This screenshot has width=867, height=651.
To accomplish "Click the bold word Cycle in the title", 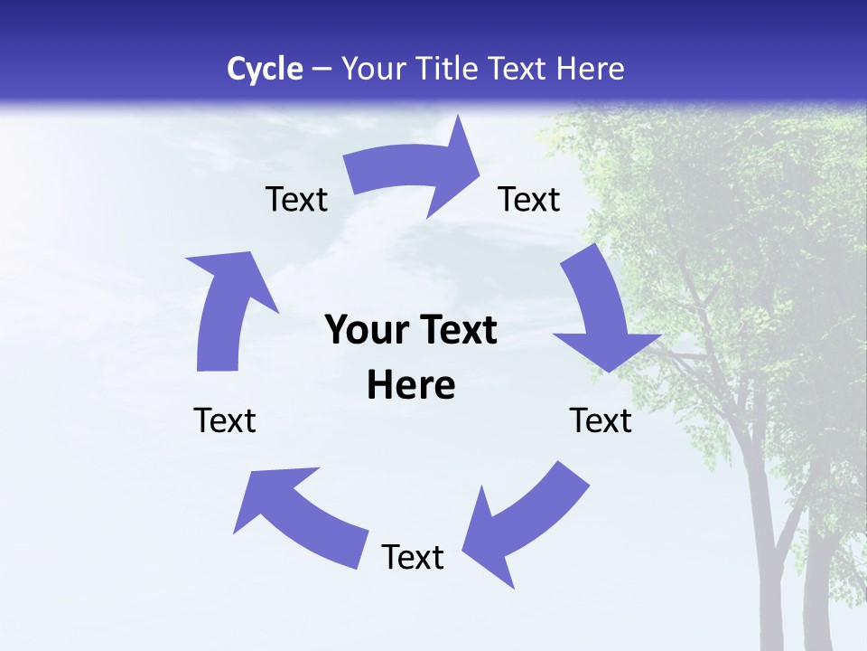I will coord(265,69).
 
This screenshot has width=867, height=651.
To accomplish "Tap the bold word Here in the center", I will coord(411,386).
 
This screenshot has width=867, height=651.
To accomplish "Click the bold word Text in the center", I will coord(453,331).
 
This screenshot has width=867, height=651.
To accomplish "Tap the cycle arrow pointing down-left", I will coord(524,515).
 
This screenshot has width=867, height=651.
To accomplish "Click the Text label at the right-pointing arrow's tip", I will coord(529,199).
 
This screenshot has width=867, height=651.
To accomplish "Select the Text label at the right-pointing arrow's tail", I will coord(296,199).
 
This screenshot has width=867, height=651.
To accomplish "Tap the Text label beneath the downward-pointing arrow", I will coord(601,420).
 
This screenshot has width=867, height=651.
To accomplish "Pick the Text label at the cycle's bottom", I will coord(413,557).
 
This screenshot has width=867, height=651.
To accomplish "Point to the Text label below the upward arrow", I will coord(225,420).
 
